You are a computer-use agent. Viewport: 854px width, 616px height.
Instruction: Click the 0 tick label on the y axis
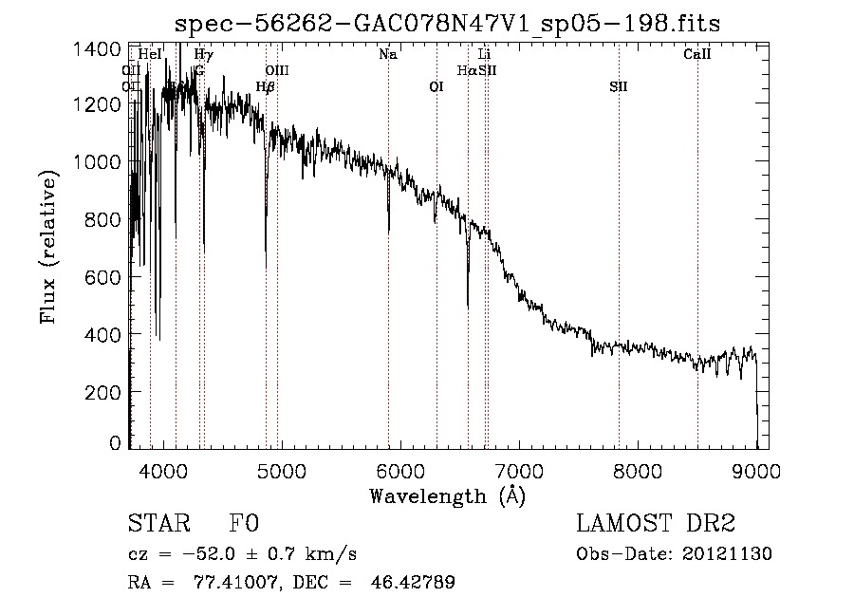[x=115, y=442]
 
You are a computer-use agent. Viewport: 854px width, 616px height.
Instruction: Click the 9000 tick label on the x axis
[x=756, y=469]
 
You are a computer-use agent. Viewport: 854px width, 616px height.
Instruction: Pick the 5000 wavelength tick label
[x=281, y=469]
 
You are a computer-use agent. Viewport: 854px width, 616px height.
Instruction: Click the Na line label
[x=387, y=55]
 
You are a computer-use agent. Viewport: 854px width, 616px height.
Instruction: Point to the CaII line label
[x=697, y=55]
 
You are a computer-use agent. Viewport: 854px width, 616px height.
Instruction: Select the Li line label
[x=484, y=55]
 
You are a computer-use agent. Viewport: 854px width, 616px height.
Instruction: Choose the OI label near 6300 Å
[x=436, y=87]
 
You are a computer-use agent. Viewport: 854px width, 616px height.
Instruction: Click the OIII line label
[x=277, y=71]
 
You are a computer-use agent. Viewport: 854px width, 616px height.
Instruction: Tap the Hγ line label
[x=203, y=55]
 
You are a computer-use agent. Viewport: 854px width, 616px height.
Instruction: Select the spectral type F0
[x=244, y=524]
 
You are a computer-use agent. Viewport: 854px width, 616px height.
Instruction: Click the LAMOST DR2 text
[x=656, y=524]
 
